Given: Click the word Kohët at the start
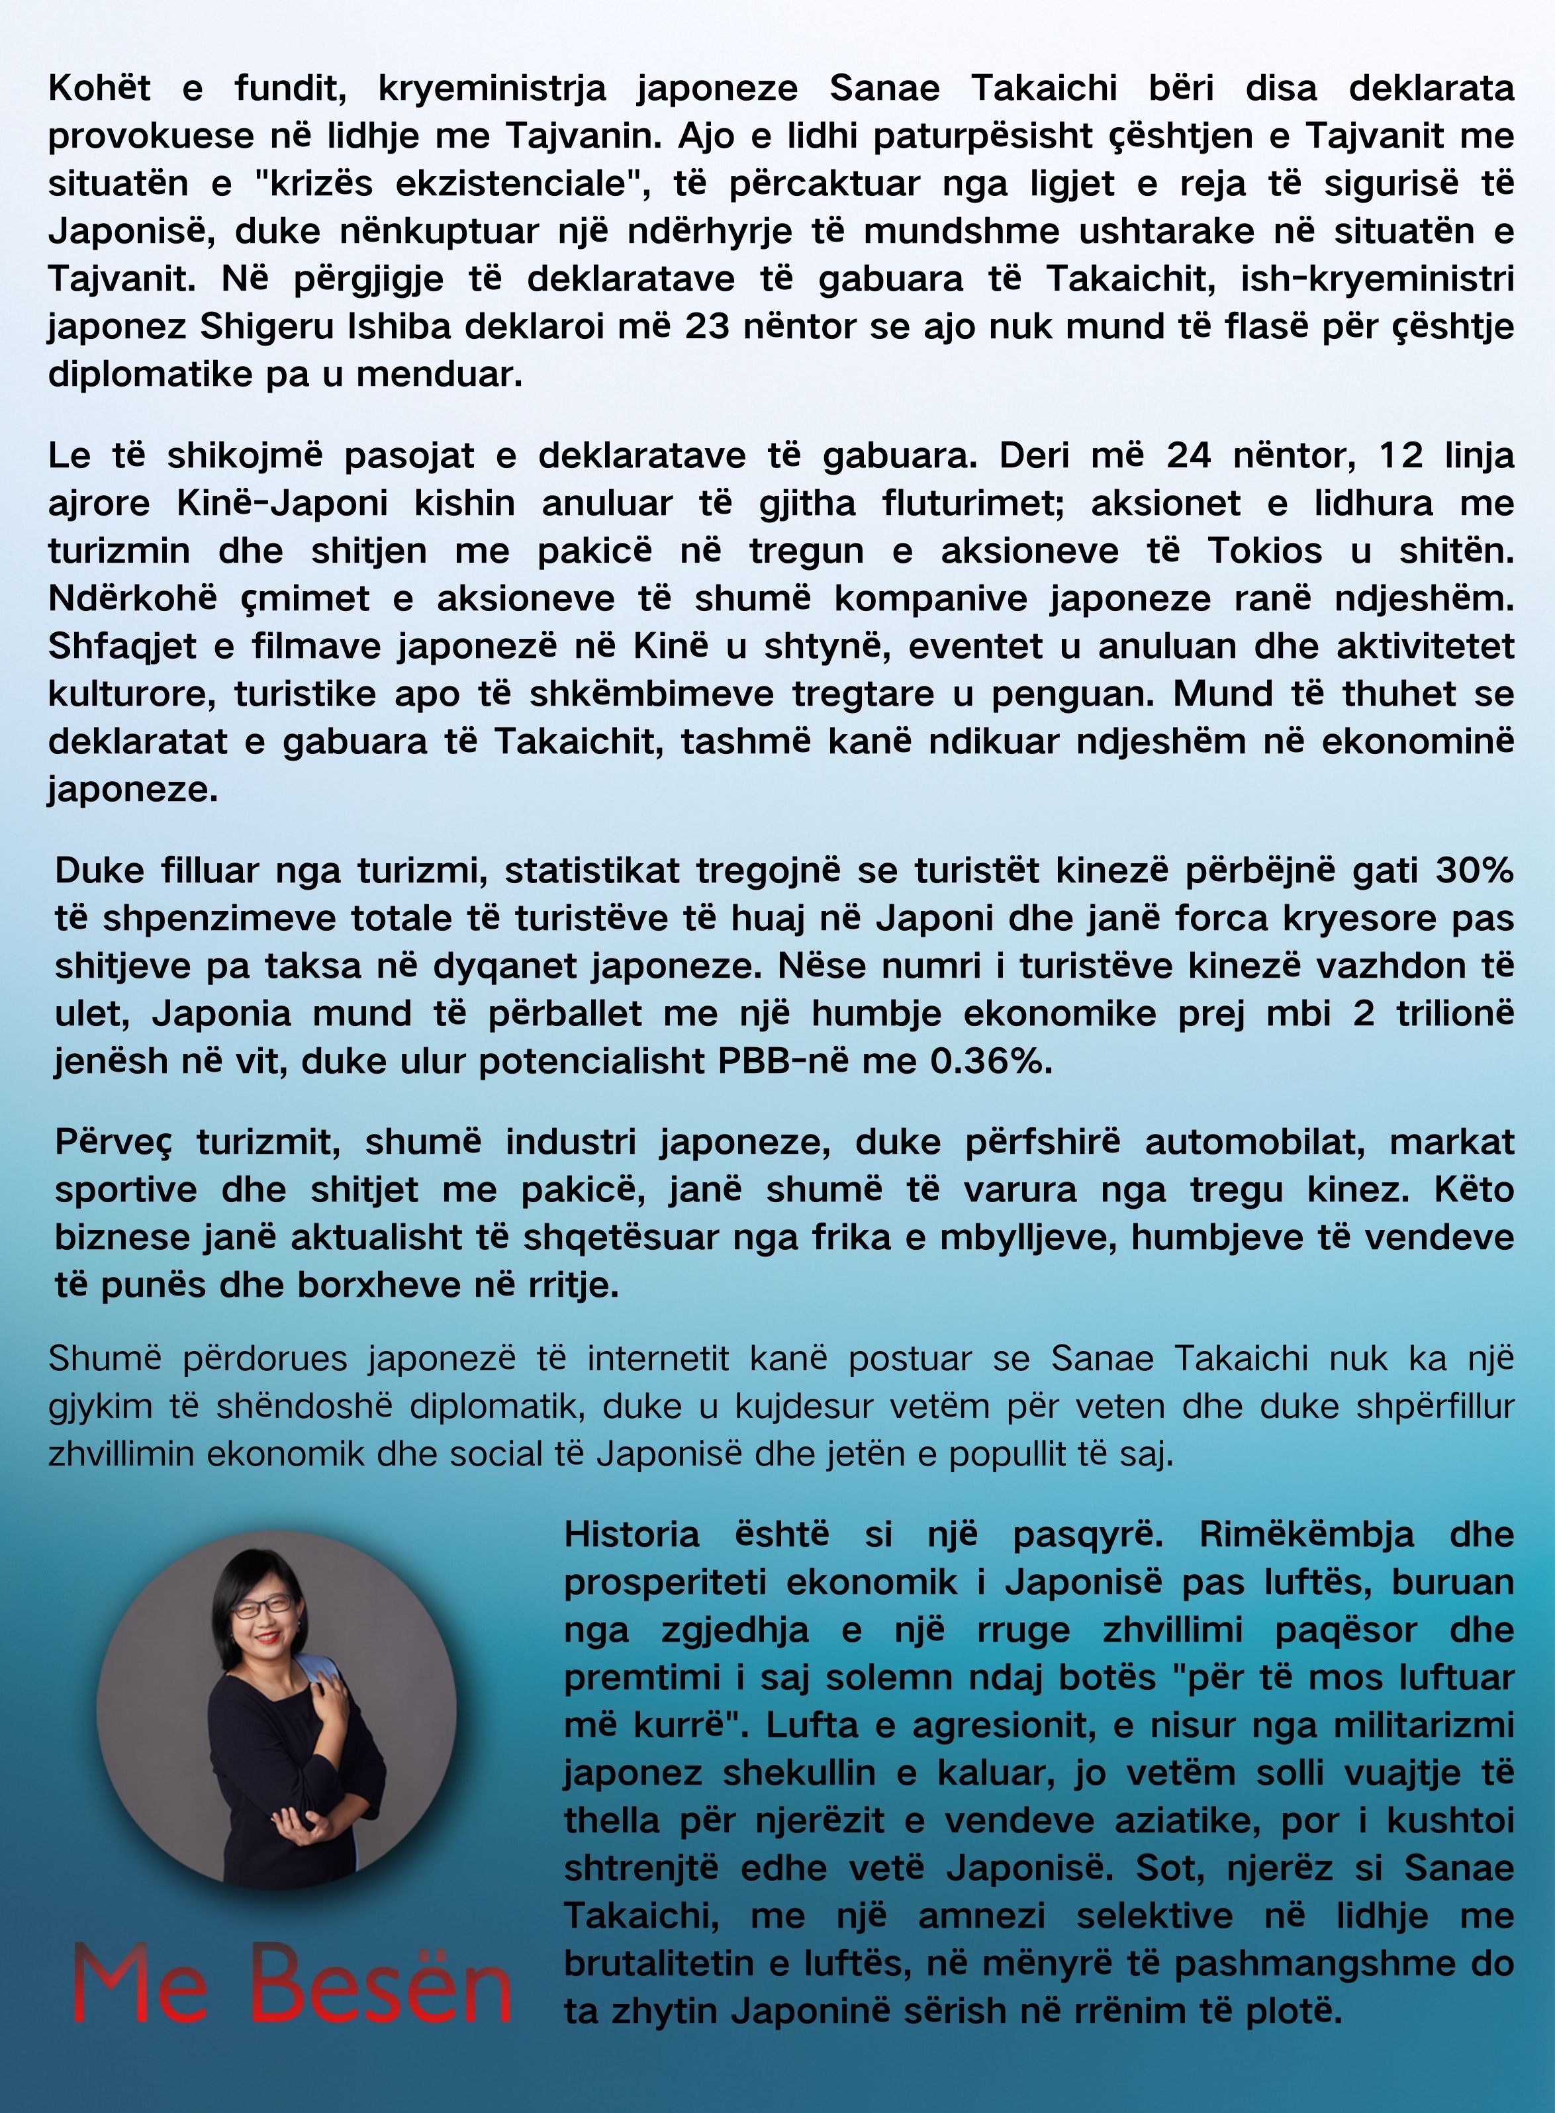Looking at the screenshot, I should click(x=100, y=89).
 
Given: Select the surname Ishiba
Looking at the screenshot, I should click(x=402, y=326).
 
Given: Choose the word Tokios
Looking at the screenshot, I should click(x=1265, y=551).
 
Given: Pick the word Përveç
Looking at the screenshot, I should click(x=113, y=1143).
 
